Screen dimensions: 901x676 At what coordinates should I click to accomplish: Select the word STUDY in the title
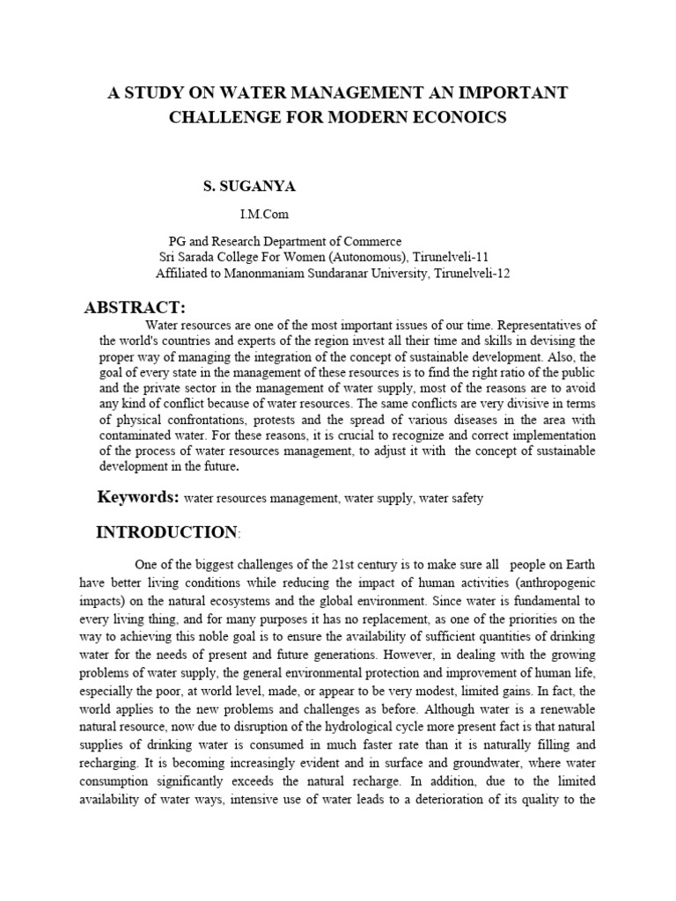click(152, 92)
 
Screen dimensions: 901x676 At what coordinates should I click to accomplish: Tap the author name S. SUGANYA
click(251, 187)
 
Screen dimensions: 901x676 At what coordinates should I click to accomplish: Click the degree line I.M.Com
click(264, 214)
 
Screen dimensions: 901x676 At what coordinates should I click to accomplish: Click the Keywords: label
click(138, 497)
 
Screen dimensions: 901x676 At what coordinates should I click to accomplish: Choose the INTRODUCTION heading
click(165, 532)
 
